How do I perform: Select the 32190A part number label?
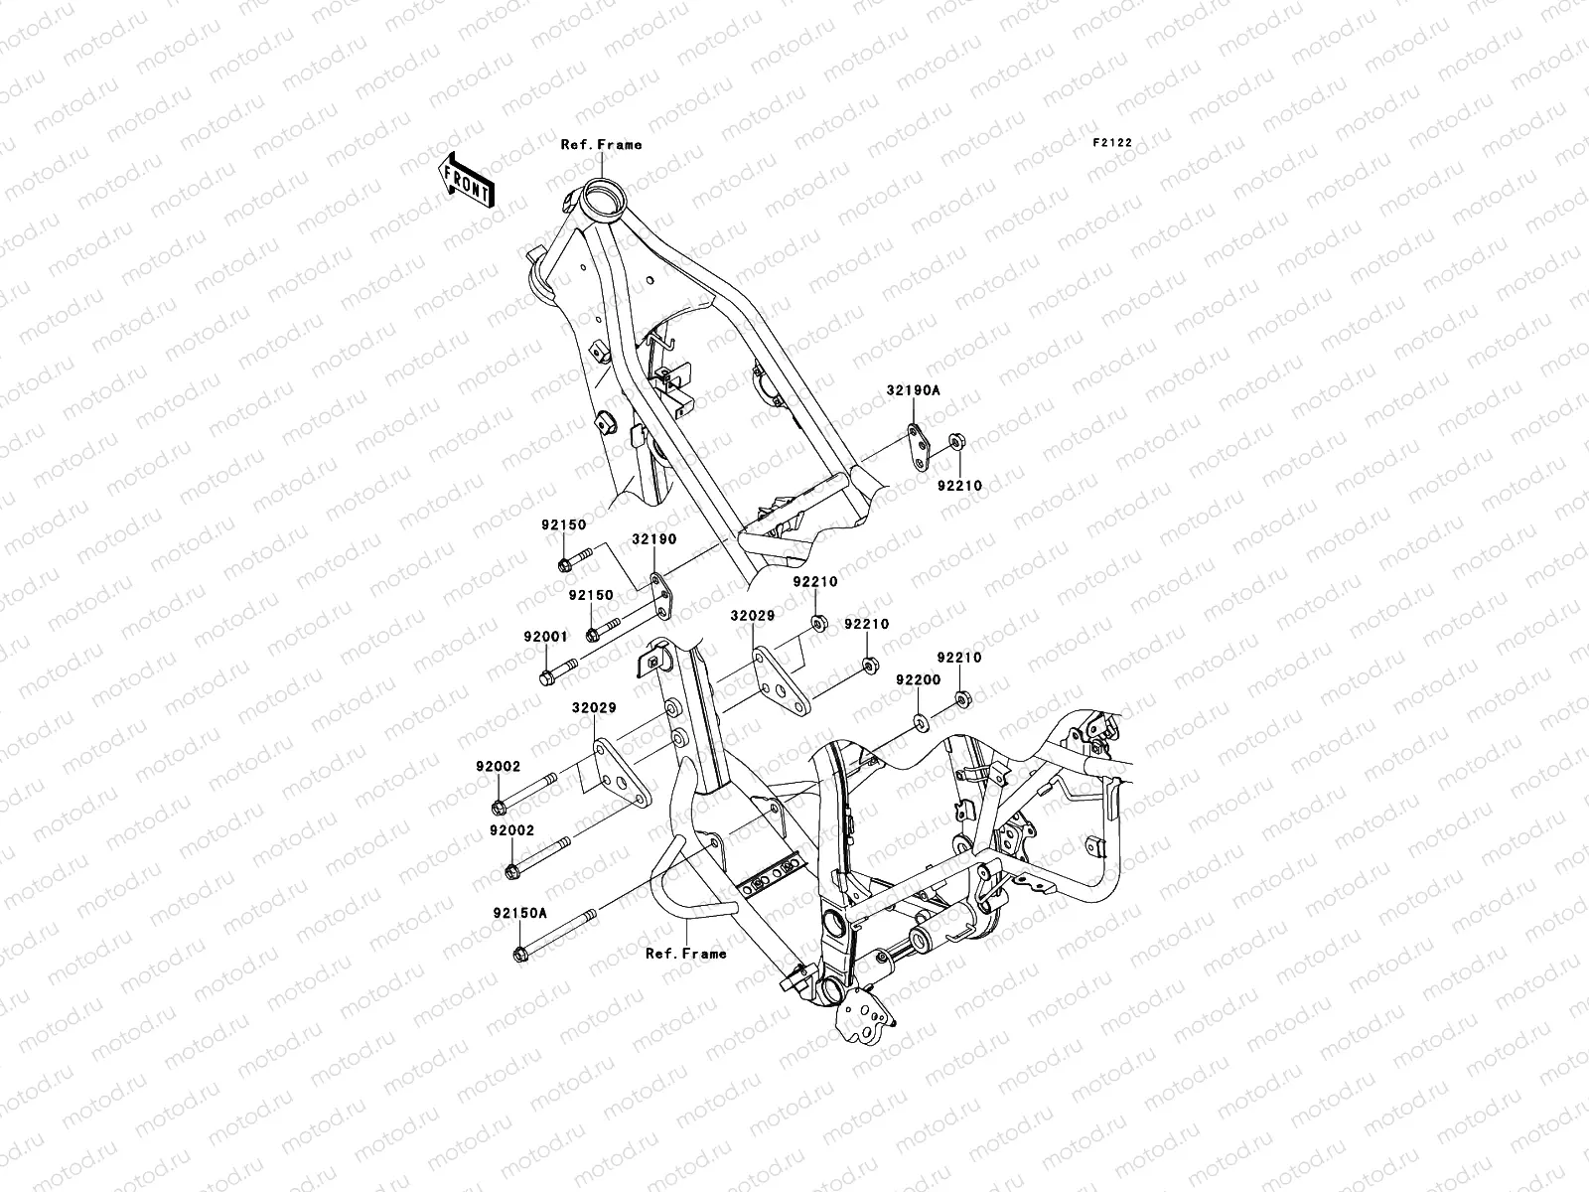[x=913, y=391]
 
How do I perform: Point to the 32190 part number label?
[x=653, y=539]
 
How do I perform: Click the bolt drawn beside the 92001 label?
[x=556, y=674]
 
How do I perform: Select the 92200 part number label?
[x=918, y=680]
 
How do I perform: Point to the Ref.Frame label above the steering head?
[x=601, y=144]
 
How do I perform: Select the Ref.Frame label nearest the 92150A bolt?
[x=686, y=953]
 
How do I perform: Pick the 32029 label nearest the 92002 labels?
[x=593, y=708]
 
